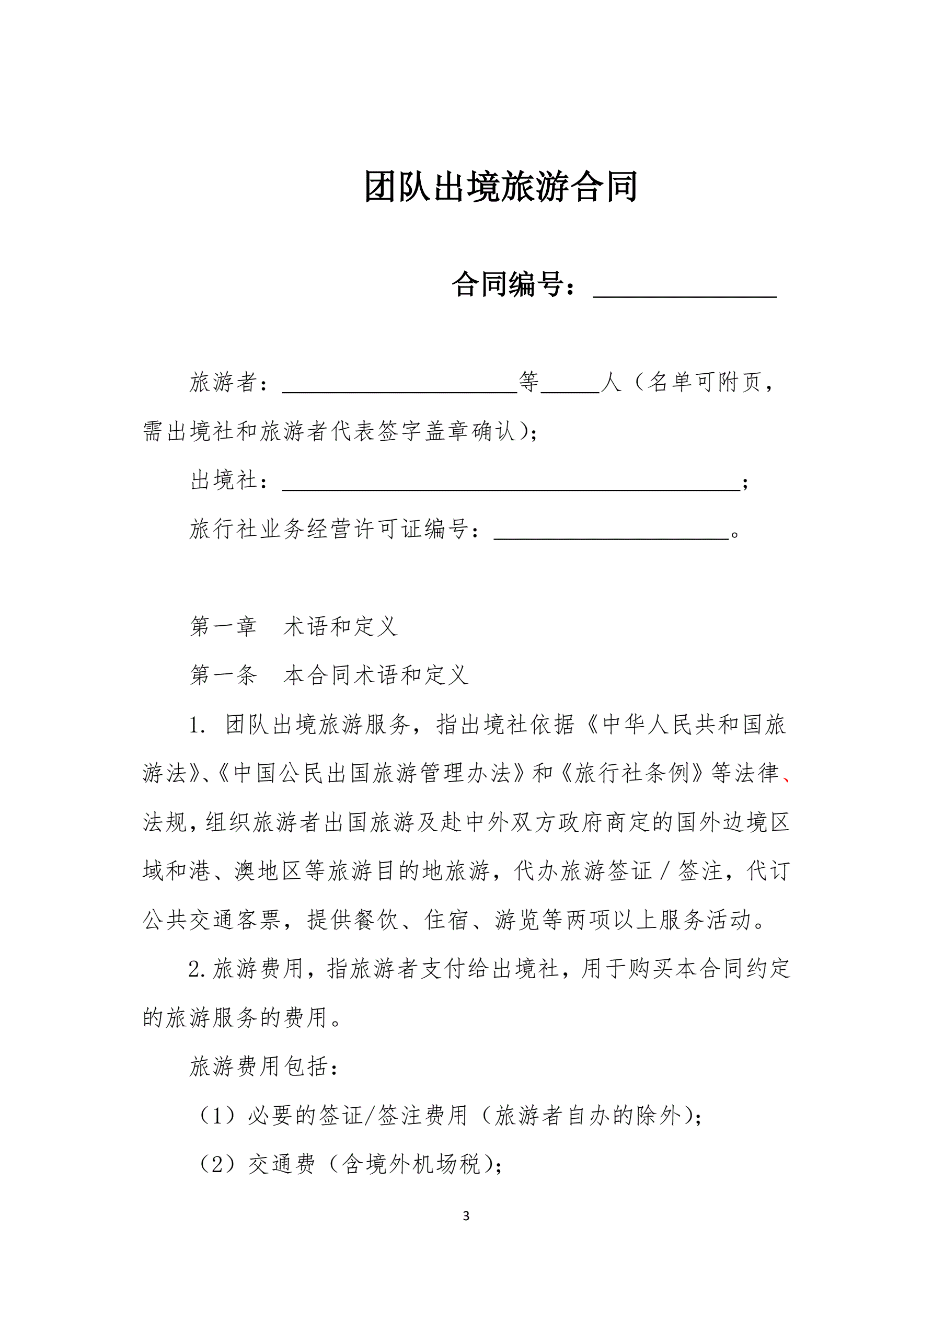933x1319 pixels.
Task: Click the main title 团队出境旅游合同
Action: [500, 187]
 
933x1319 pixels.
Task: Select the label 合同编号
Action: [508, 284]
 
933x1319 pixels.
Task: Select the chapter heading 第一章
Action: [223, 626]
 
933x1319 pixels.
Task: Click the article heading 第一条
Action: [223, 675]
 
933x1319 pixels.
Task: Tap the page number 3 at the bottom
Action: [466, 1216]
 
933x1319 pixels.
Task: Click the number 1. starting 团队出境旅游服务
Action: [198, 726]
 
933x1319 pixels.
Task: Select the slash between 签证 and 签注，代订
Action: [665, 871]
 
